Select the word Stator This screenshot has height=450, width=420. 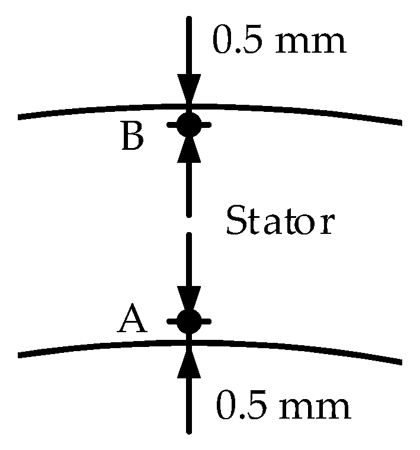click(x=280, y=223)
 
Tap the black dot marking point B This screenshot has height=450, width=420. click(x=189, y=124)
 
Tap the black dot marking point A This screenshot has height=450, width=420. click(x=189, y=321)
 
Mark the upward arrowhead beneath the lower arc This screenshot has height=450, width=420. click(x=189, y=362)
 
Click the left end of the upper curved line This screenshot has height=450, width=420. click(x=21, y=117)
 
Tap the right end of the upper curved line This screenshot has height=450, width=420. click(x=400, y=123)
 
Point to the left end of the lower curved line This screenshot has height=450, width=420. click(x=21, y=355)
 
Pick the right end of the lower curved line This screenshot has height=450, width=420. click(x=400, y=361)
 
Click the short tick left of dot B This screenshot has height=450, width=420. click(x=172, y=125)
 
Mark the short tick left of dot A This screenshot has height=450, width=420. click(x=172, y=322)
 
